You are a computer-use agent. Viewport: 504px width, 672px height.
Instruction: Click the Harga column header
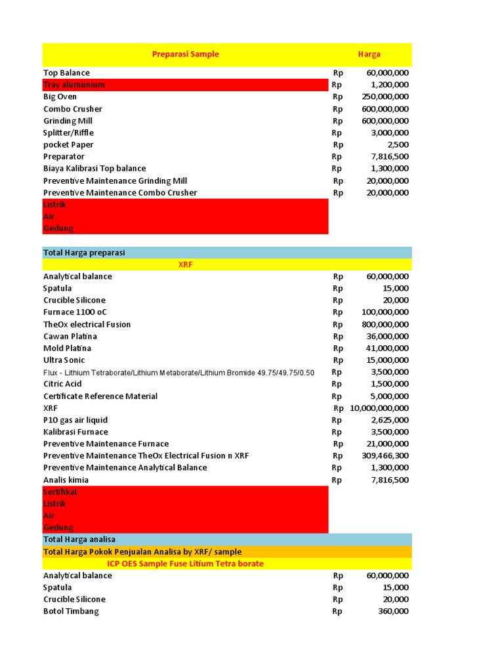[369, 54]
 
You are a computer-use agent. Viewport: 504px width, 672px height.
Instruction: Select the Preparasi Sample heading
[185, 54]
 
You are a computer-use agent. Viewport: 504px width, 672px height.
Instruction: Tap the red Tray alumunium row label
[74, 85]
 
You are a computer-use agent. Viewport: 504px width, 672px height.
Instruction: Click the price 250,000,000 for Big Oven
[385, 96]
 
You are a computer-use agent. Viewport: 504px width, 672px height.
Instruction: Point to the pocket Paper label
[68, 144]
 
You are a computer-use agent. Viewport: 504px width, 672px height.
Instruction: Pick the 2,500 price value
[398, 144]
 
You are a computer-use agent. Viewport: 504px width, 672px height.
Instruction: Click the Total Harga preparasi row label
[84, 253]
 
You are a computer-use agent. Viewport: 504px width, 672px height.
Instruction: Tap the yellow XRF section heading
[185, 264]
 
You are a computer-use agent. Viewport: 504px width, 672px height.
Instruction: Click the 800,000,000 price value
[385, 324]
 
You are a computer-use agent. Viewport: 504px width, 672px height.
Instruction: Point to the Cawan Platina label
[67, 336]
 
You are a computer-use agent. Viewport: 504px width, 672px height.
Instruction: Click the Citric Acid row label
[62, 384]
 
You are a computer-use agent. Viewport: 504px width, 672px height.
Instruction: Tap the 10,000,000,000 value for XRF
[379, 408]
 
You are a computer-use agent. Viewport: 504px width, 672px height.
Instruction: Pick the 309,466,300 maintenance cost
[385, 455]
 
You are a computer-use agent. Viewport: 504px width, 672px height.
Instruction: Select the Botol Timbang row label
[71, 611]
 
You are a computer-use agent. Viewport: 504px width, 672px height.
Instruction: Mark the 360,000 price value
[394, 611]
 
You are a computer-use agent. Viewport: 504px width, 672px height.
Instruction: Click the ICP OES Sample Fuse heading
[185, 564]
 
